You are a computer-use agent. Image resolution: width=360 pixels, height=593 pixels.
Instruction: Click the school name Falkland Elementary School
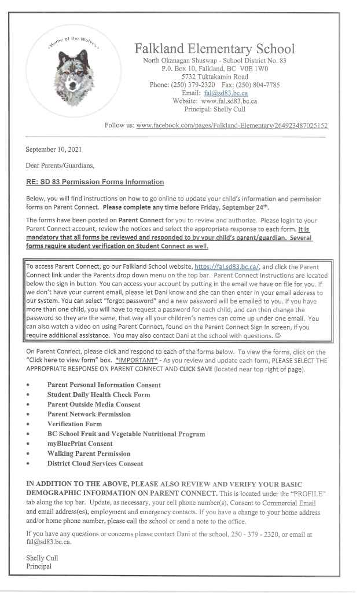(215, 49)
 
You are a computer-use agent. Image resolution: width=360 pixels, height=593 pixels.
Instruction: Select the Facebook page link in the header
(232, 125)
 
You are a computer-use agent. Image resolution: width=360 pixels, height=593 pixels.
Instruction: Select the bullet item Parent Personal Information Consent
(104, 385)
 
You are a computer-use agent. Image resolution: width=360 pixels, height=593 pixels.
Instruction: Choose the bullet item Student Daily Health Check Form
(98, 394)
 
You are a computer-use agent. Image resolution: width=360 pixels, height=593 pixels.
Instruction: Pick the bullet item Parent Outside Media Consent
(94, 404)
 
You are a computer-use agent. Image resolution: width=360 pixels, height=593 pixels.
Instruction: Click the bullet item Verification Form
(74, 424)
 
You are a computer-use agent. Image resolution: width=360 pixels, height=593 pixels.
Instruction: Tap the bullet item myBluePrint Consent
(80, 444)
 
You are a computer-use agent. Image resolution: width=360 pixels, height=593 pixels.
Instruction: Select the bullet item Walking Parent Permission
(89, 453)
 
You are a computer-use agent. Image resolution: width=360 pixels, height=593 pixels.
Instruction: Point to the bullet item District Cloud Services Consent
(95, 463)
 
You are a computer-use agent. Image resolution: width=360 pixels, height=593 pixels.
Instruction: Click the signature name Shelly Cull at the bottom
(42, 558)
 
